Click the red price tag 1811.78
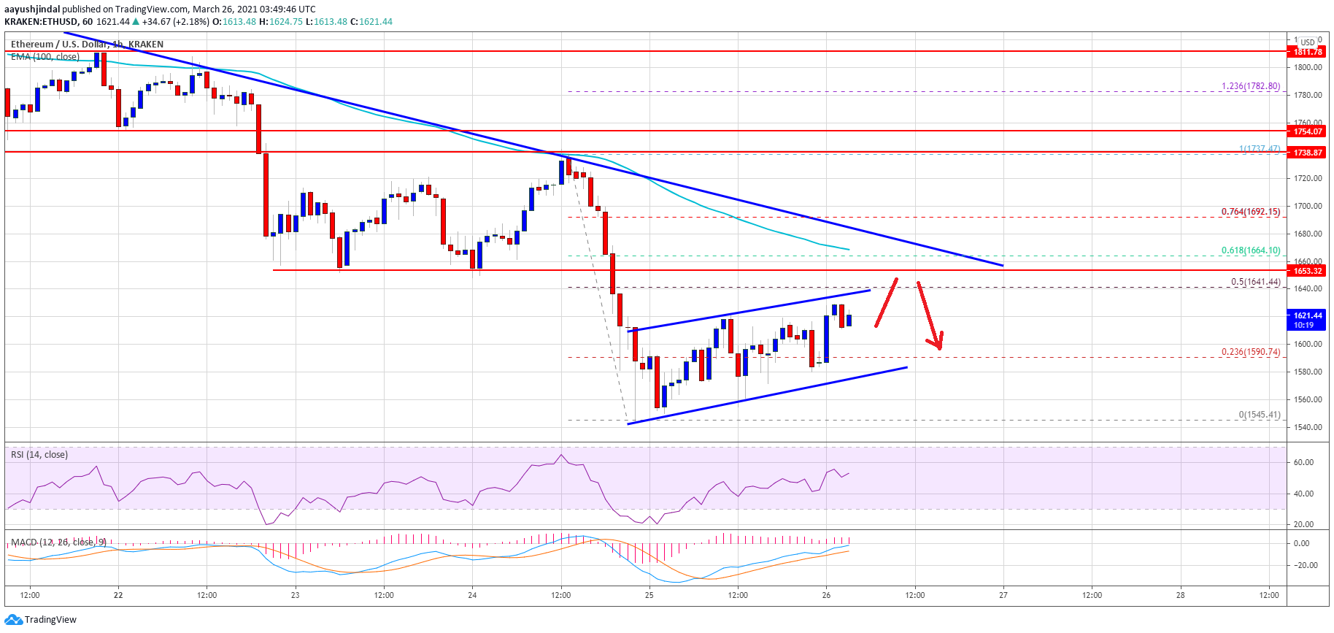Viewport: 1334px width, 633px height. (1308, 52)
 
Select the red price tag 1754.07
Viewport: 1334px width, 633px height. (1308, 131)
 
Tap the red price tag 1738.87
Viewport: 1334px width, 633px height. (1308, 153)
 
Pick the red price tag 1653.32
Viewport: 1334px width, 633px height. (1308, 271)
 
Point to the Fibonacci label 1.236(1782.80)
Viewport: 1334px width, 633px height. (1251, 86)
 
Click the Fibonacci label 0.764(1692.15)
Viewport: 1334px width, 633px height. (1251, 212)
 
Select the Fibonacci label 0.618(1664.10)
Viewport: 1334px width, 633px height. (1251, 250)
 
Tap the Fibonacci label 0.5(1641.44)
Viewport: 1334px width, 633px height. (1255, 282)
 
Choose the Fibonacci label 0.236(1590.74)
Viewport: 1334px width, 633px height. (1251, 352)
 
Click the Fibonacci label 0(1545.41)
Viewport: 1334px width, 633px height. (1259, 415)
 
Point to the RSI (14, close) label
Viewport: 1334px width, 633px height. (39, 455)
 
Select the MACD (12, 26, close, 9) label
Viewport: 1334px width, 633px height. (58, 542)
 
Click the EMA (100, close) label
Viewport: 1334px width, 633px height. (45, 57)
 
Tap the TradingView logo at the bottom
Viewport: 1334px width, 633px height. (41, 620)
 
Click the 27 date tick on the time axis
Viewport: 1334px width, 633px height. (1003, 595)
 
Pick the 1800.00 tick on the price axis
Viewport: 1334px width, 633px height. (1308, 67)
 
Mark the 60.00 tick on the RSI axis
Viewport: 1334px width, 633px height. (1303, 462)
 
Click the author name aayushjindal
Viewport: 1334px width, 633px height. (32, 9)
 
